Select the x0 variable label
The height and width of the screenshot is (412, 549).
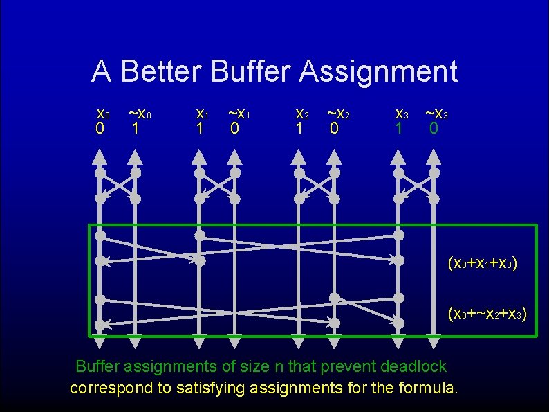coord(102,114)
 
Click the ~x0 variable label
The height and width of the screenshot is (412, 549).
coord(140,114)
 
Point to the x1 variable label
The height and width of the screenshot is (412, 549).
coord(202,114)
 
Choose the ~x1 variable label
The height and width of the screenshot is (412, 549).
coord(239,114)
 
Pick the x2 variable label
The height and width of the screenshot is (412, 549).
coord(301,114)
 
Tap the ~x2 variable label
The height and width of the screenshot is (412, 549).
coord(338,114)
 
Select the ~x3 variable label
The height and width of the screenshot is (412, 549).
coord(438,114)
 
